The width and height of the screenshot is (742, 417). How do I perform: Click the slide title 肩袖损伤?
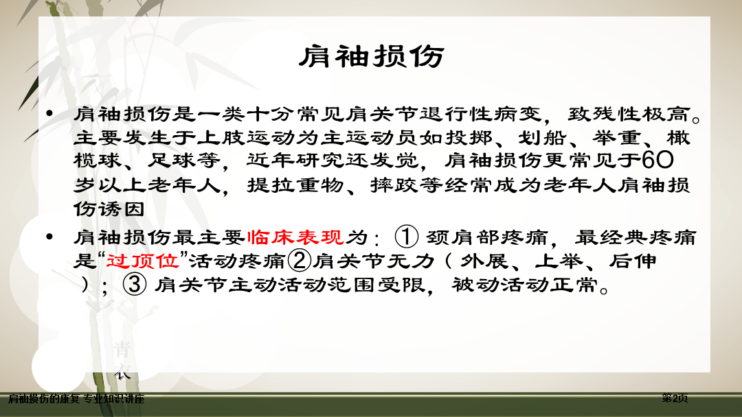pyautogui.click(x=372, y=57)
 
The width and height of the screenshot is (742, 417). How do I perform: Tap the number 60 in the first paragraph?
pyautogui.click(x=657, y=160)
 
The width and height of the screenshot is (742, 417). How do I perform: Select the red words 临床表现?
pyautogui.click(x=295, y=237)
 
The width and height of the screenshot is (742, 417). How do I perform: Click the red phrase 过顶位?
pyautogui.click(x=142, y=261)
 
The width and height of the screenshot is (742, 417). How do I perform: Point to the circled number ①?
pyautogui.click(x=407, y=237)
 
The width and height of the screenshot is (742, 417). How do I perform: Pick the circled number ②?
pyautogui.click(x=300, y=260)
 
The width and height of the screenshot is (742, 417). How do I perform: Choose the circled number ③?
pyautogui.click(x=135, y=285)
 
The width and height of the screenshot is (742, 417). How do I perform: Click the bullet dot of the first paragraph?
pyautogui.click(x=49, y=113)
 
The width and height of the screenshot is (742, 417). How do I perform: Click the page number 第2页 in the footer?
pyautogui.click(x=675, y=398)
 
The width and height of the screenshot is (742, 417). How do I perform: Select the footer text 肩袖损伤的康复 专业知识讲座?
pyautogui.click(x=76, y=399)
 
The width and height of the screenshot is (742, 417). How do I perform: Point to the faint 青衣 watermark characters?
pyautogui.click(x=122, y=360)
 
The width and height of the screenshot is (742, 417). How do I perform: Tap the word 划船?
pyautogui.click(x=542, y=137)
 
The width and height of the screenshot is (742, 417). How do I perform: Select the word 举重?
pyautogui.click(x=616, y=137)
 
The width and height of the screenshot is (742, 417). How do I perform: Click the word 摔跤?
pyautogui.click(x=394, y=184)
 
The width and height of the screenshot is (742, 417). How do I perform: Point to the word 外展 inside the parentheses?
pyautogui.click(x=484, y=261)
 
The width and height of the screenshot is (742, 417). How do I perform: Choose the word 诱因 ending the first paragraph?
pyautogui.click(x=122, y=208)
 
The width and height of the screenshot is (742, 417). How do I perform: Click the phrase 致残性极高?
pyautogui.click(x=629, y=114)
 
